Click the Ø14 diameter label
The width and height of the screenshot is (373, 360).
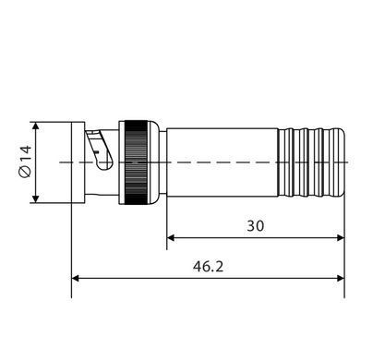point(25,162)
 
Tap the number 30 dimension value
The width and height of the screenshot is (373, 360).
point(256,226)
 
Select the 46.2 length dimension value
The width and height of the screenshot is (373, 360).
point(208,267)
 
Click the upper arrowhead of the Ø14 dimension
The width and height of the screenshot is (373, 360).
point(36,126)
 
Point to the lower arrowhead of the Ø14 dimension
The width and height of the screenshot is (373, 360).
point(36,198)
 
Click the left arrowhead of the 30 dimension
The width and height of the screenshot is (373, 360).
point(171,238)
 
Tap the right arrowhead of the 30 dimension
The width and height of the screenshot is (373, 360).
point(341,238)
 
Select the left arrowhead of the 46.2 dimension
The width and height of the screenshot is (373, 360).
point(76,278)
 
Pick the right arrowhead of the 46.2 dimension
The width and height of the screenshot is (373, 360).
point(341,278)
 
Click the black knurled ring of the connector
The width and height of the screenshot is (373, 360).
point(136,162)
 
